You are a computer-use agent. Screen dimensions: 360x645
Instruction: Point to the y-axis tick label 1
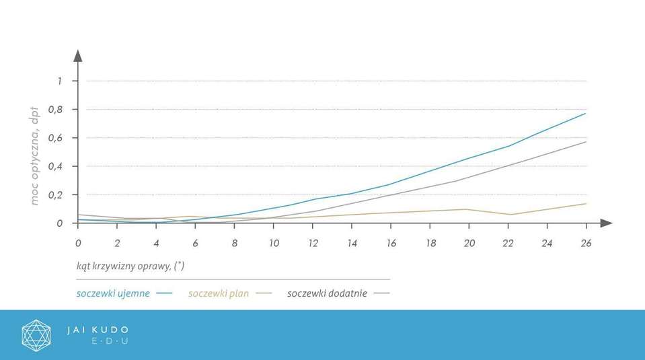click(59, 81)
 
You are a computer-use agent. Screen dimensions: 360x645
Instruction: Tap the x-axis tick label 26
click(586, 244)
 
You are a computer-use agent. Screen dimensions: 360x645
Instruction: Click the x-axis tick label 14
click(352, 244)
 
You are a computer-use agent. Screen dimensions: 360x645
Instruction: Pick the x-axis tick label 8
click(235, 244)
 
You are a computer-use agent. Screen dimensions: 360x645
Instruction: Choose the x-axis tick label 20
click(469, 244)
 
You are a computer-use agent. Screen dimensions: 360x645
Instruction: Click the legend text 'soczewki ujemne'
click(113, 293)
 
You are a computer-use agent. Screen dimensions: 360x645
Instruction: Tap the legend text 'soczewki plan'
click(219, 293)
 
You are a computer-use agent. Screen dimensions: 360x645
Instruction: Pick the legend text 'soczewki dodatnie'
click(327, 293)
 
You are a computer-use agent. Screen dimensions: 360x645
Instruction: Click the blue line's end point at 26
click(586, 113)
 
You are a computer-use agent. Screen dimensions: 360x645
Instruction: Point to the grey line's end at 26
click(586, 142)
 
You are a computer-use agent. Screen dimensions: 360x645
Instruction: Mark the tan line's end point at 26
click(586, 203)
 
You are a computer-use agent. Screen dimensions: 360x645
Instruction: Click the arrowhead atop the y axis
click(78, 55)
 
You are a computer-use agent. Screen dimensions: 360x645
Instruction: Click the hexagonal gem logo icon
click(36, 335)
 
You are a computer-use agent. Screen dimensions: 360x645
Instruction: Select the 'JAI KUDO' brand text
click(98, 330)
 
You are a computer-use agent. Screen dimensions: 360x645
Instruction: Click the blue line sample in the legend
click(163, 293)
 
